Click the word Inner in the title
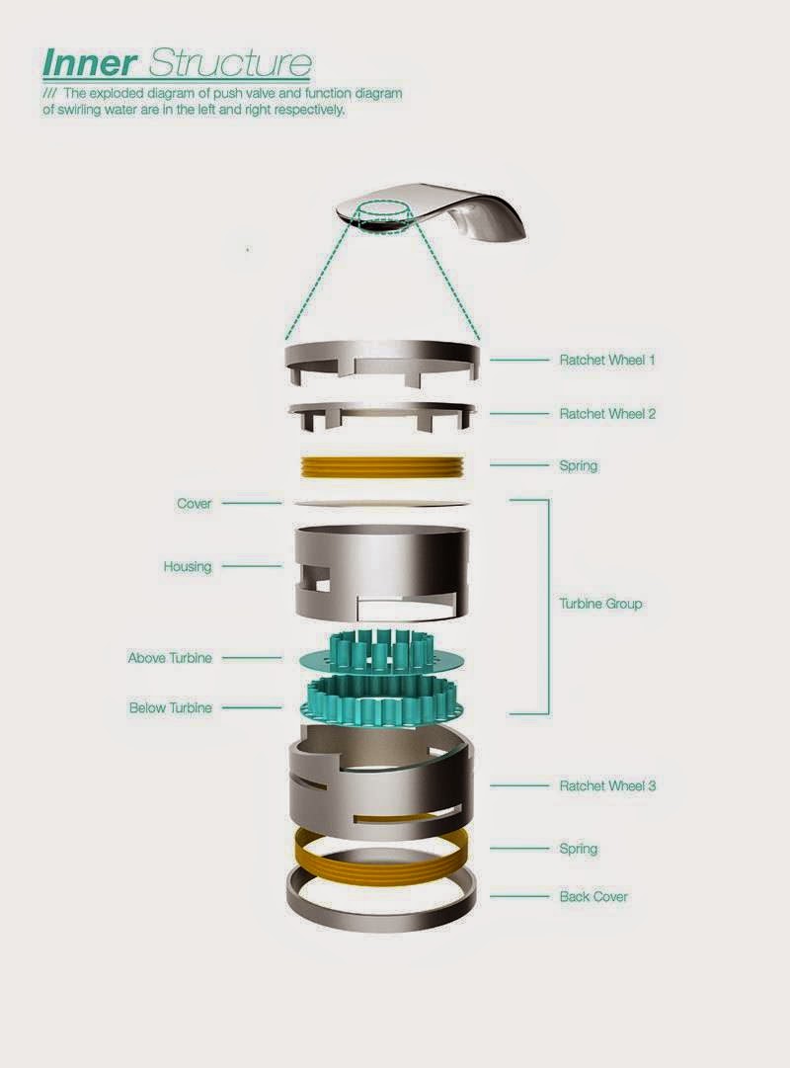click(x=89, y=62)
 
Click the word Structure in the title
click(x=229, y=62)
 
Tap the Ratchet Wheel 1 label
click(x=606, y=360)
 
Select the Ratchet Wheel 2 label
click(x=607, y=413)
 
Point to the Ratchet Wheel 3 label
click(x=607, y=785)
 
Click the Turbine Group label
click(x=600, y=604)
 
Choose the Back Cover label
click(x=593, y=896)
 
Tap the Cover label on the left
click(x=195, y=504)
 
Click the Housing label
click(x=188, y=566)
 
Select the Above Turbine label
click(x=170, y=658)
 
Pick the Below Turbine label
click(x=170, y=707)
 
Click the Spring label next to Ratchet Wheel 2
click(x=579, y=466)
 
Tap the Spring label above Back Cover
click(x=579, y=849)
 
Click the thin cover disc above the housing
click(x=382, y=504)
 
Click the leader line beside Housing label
click(x=251, y=565)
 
